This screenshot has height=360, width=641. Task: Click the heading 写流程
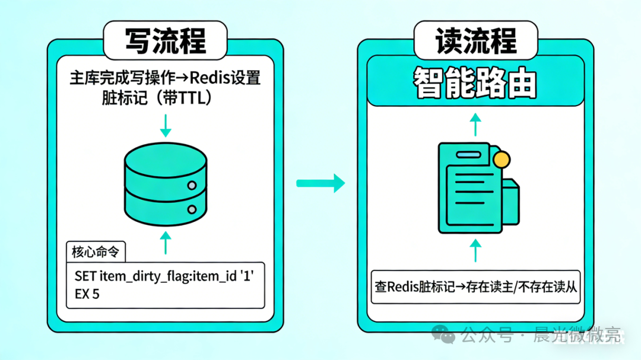165,40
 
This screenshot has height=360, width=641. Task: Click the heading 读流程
475,40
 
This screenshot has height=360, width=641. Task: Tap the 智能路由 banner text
475,84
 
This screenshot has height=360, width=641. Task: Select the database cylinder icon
166,184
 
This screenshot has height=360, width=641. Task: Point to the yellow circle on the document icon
502,159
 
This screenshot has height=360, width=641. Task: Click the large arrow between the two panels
320,183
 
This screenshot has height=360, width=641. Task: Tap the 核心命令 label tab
95,252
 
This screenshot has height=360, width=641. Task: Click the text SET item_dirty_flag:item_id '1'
164,276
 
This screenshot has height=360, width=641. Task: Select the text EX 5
87,294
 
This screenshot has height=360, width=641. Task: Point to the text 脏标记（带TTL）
156,98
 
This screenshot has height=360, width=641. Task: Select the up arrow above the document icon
475,125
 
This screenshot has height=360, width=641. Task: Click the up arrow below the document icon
475,251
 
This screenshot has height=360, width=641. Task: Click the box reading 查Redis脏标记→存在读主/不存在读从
475,287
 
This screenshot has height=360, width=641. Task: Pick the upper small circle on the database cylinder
192,186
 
